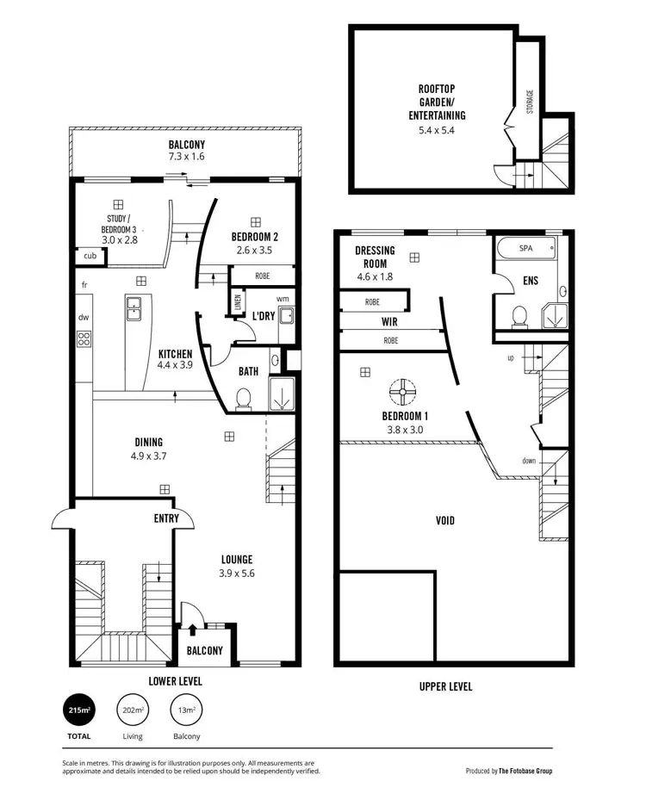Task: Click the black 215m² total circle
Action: [x=80, y=710]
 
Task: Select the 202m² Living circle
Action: [x=133, y=710]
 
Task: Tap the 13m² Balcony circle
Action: [x=186, y=710]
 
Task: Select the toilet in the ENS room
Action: [x=519, y=316]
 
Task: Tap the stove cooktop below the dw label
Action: [x=84, y=338]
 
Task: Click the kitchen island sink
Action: [x=135, y=307]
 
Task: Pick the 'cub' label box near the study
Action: [x=90, y=256]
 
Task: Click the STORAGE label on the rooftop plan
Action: [x=530, y=101]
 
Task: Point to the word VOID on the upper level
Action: [x=445, y=520]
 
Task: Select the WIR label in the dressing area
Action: [x=389, y=321]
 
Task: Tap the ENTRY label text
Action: [x=166, y=518]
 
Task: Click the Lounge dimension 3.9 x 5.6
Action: [x=237, y=573]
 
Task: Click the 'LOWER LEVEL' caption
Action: [x=176, y=680]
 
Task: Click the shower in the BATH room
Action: [x=281, y=395]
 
